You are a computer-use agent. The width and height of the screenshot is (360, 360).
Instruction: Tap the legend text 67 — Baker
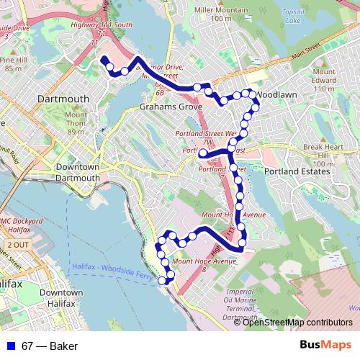tap(50, 346)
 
